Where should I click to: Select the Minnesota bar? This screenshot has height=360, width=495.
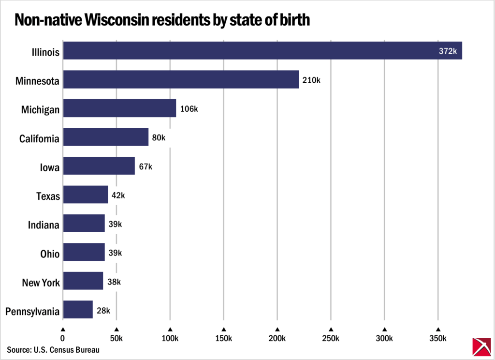(181, 79)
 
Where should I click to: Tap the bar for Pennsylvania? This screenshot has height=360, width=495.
(77, 310)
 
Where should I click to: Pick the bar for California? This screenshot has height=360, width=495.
(105, 137)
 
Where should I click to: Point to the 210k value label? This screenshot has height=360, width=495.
(311, 80)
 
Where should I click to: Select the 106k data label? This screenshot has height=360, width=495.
(189, 109)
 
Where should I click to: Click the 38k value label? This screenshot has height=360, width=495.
(114, 282)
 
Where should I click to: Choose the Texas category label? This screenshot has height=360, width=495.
(48, 196)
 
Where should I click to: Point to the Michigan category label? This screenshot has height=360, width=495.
(40, 110)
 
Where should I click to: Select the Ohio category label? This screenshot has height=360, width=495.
(50, 254)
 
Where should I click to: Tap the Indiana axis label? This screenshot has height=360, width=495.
(44, 225)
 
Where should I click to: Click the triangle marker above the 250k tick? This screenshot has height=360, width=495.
(331, 329)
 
